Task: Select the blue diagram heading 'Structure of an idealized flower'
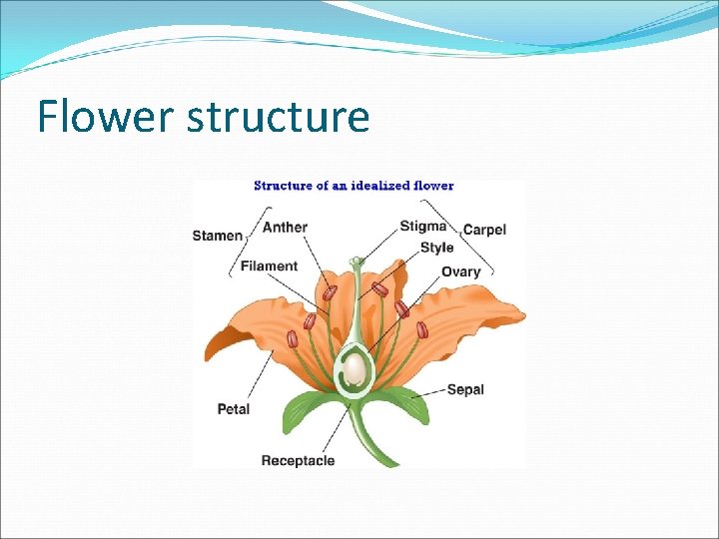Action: [354, 185]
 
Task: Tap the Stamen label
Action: [217, 236]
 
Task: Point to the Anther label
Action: [285, 227]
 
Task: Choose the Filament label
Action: [269, 266]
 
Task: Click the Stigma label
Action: [423, 227]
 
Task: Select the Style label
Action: [436, 248]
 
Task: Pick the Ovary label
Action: [460, 270]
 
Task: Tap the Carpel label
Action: [484, 230]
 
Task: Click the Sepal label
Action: [465, 389]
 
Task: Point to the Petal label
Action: [233, 408]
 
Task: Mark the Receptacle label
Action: [298, 460]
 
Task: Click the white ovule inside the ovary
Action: [355, 370]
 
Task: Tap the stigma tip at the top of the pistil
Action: [357, 262]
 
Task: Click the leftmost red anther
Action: [293, 339]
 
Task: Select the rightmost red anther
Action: [422, 329]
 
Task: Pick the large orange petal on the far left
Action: [240, 329]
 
